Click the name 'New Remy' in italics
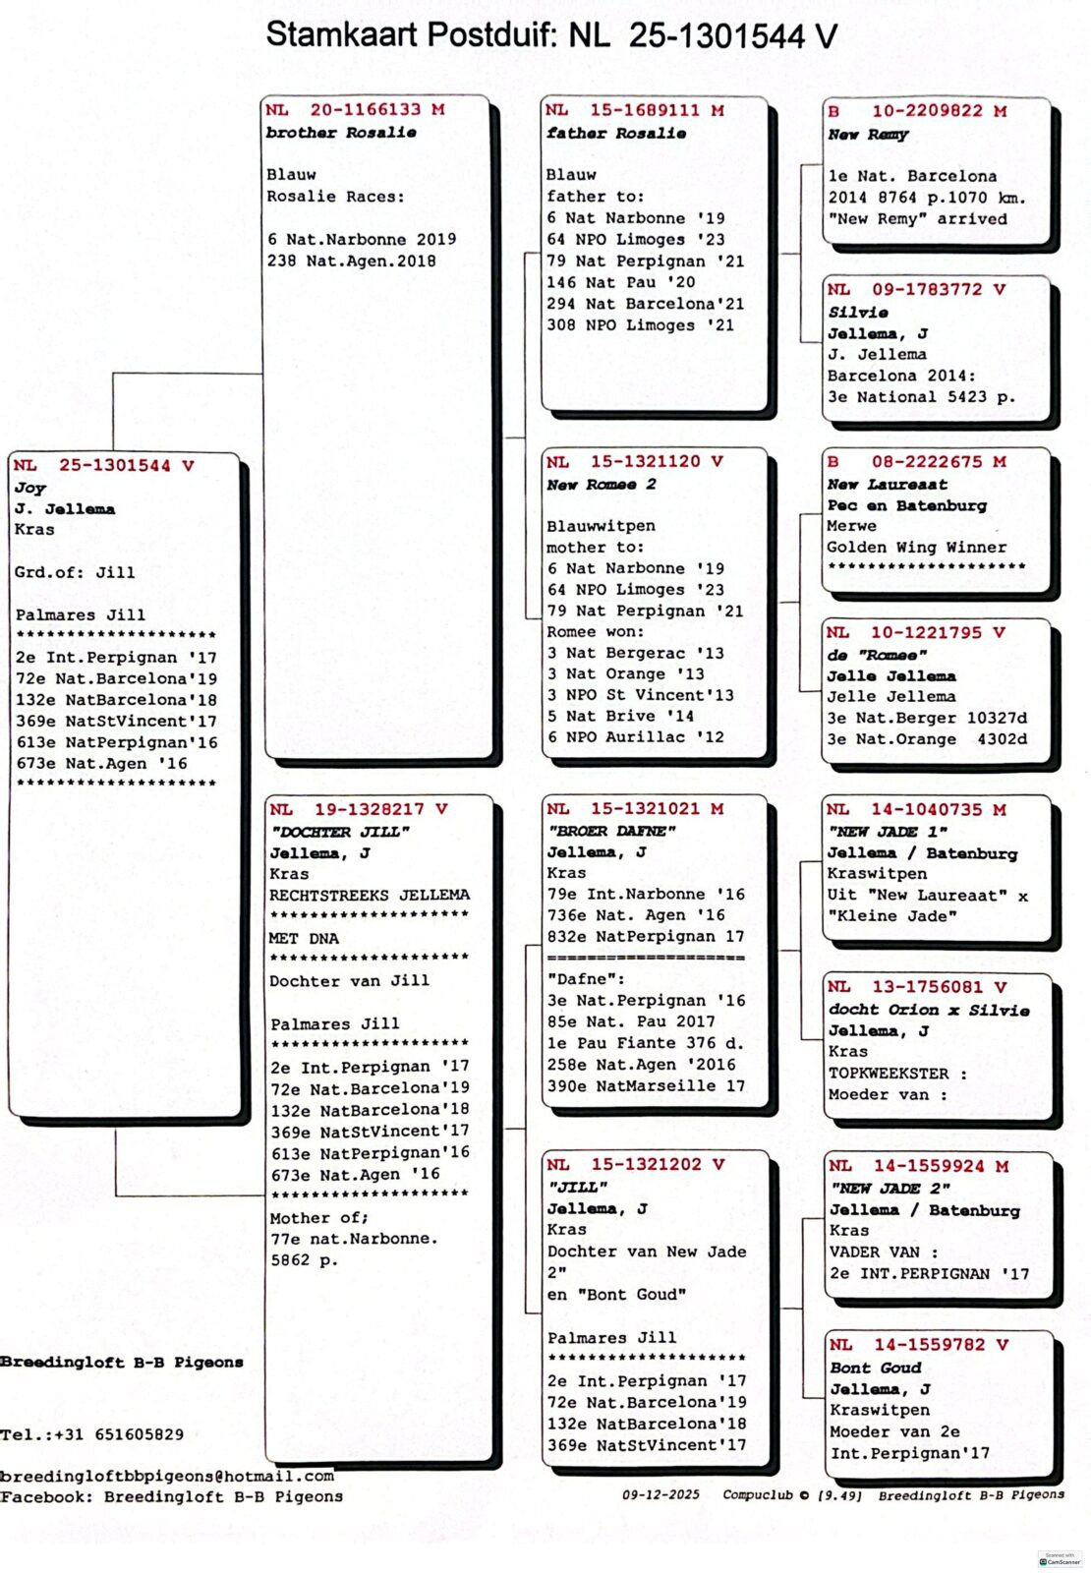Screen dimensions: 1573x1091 (868, 134)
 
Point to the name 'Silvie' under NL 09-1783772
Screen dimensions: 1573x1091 (858, 312)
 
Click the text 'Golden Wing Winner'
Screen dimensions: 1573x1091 (916, 548)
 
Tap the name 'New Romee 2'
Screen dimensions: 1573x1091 (602, 485)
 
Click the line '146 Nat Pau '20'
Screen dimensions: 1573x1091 (620, 282)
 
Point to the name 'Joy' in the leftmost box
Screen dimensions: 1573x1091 (29, 488)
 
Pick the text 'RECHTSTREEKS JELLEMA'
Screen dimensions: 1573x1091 (370, 895)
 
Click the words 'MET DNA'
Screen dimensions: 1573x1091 (304, 938)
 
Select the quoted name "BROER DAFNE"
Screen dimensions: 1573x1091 (611, 831)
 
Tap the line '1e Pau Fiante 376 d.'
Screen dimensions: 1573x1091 (645, 1043)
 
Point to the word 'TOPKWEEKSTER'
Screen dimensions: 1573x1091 (889, 1074)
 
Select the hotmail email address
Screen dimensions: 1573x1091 (167, 1476)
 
